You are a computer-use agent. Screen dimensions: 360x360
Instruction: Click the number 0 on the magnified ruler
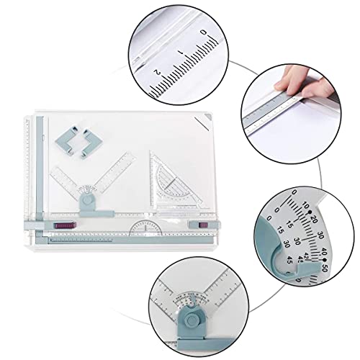coord(204,32)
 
